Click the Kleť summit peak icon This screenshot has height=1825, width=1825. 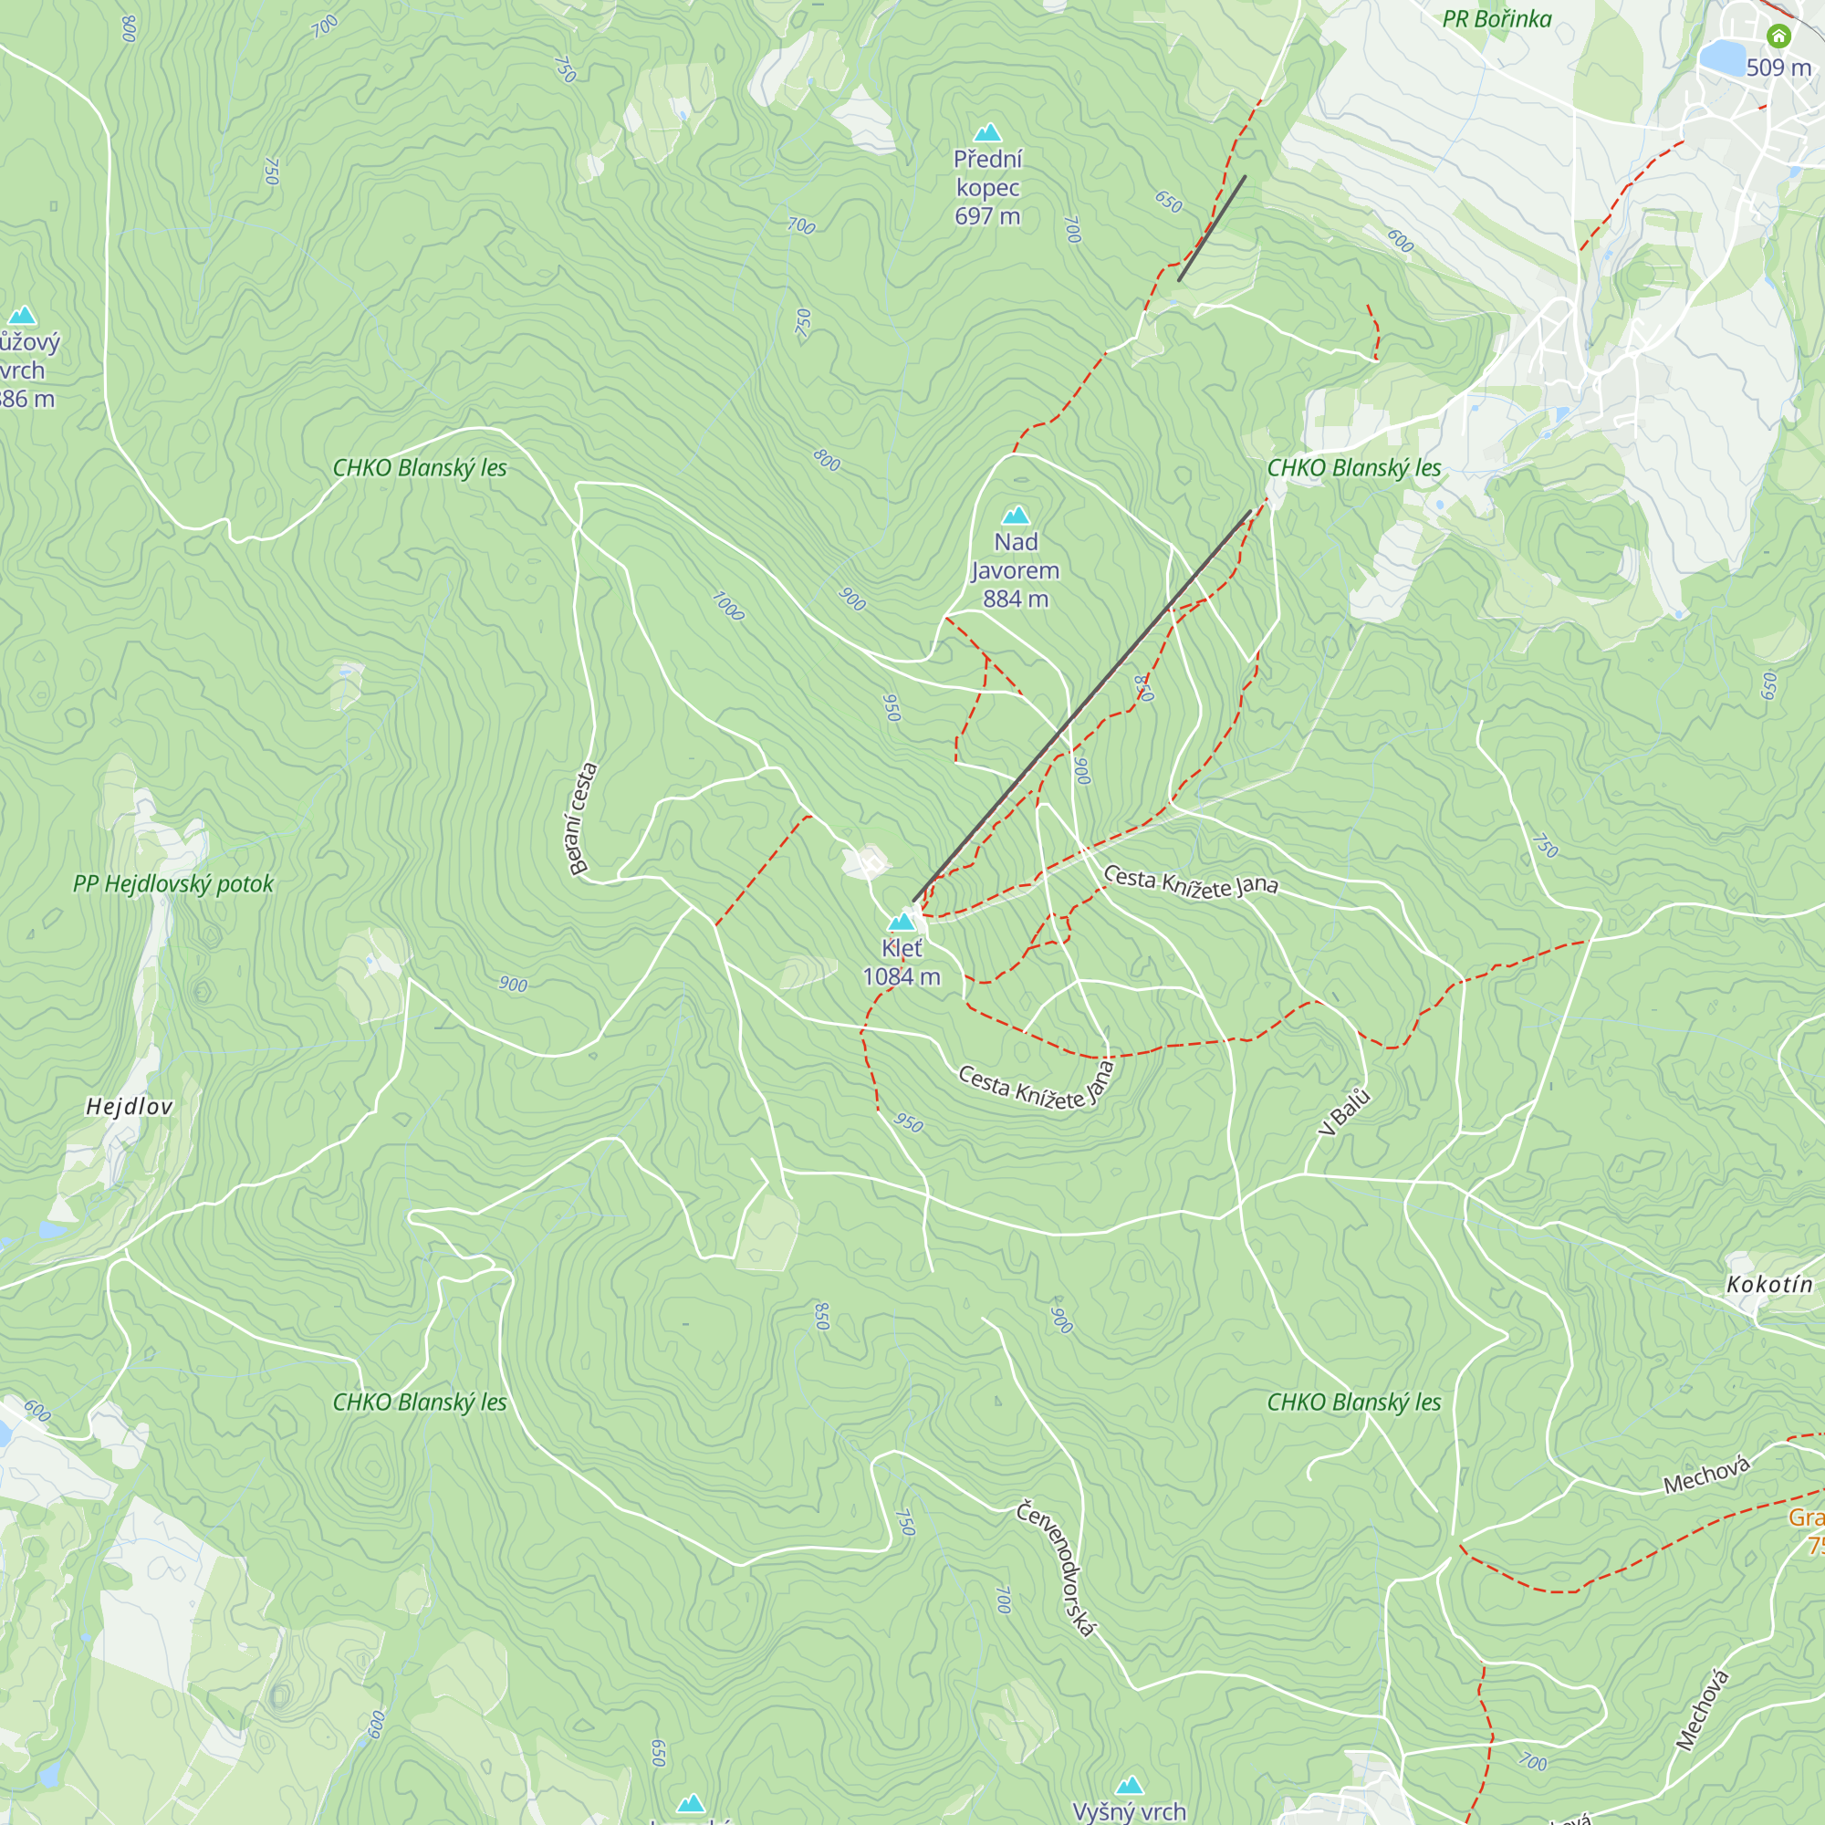pyautogui.click(x=902, y=922)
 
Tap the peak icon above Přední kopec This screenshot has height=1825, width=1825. pyautogui.click(x=987, y=132)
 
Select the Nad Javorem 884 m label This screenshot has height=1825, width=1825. pyautogui.click(x=1016, y=570)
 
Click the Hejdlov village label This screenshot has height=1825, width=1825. pyautogui.click(x=130, y=1106)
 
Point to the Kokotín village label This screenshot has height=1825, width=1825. pyautogui.click(x=1769, y=1285)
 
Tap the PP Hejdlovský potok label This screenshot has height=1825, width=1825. pyautogui.click(x=172, y=884)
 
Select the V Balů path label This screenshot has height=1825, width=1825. pyautogui.click(x=1344, y=1111)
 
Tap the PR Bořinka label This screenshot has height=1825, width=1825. pyautogui.click(x=1496, y=19)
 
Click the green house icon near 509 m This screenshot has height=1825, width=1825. pyautogui.click(x=1778, y=36)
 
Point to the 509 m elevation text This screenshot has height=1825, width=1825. pyautogui.click(x=1778, y=68)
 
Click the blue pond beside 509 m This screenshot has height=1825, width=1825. pyautogui.click(x=1721, y=57)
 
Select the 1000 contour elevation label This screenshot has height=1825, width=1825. pyautogui.click(x=727, y=606)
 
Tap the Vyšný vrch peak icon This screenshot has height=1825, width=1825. pyautogui.click(x=1130, y=1784)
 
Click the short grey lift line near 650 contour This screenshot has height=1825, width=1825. pyautogui.click(x=1212, y=227)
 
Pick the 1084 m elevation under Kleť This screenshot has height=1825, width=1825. pyautogui.click(x=902, y=976)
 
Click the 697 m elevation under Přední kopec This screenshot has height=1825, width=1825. pyautogui.click(x=987, y=216)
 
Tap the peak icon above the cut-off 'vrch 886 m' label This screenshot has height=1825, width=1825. pyautogui.click(x=22, y=316)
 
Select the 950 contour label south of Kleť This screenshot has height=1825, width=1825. pyautogui.click(x=909, y=1122)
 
